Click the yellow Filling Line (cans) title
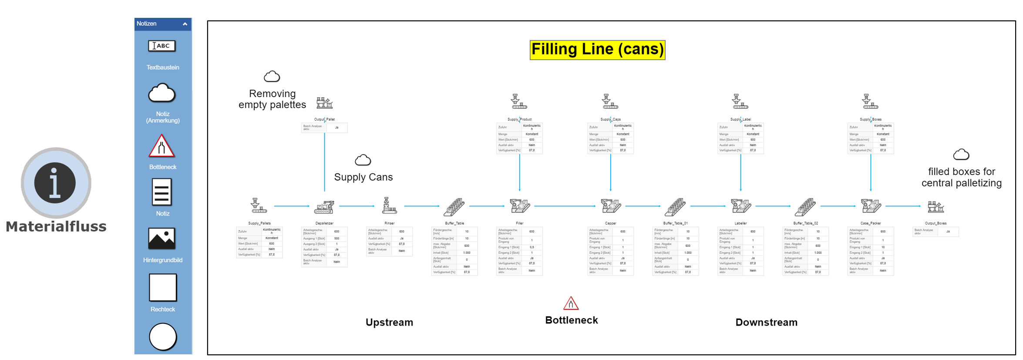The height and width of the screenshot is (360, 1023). pos(597,50)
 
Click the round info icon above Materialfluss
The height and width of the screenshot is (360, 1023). pos(55,183)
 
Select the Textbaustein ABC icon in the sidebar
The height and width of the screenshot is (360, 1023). pos(162,46)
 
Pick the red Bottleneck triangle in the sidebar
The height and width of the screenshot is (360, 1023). pos(162,146)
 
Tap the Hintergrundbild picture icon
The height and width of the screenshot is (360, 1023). pos(162,239)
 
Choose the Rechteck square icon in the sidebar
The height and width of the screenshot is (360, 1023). pos(163,287)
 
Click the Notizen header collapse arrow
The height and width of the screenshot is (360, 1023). pos(185,24)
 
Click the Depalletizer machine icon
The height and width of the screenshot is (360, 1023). pos(324,206)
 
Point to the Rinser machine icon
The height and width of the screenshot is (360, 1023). pos(389,206)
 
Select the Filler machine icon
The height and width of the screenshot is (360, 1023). pos(520,206)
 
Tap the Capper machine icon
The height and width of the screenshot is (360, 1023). pos(611,206)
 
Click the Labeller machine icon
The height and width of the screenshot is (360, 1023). pos(741,206)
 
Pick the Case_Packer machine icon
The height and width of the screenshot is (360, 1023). pos(871,206)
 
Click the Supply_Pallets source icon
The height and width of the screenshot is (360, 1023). pos(259,206)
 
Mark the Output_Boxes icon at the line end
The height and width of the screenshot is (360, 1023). pos(936,207)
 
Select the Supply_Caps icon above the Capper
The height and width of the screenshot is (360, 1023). pos(610,102)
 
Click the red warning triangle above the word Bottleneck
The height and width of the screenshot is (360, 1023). pos(571,303)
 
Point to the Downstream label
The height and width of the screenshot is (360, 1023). pos(766,323)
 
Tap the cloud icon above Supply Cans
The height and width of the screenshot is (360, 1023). pos(363,160)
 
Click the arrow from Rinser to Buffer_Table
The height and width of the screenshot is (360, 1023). pos(421,206)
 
